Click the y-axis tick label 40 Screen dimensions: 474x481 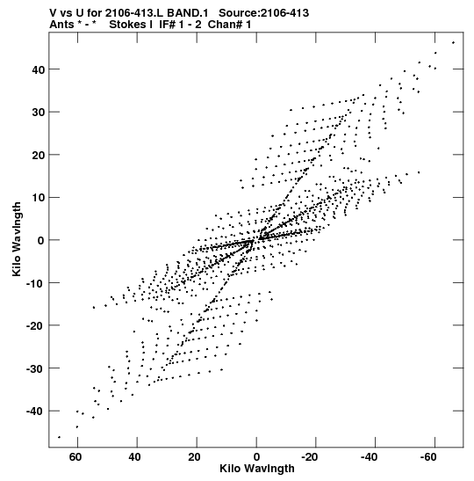coord(39,69)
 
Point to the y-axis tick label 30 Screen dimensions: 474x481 coord(39,113)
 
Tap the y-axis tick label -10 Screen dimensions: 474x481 coord(35,283)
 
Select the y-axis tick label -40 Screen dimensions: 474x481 coord(35,411)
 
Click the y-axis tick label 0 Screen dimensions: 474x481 coord(41,241)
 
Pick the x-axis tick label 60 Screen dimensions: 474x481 coord(75,457)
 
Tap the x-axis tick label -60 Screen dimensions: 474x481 coord(428,457)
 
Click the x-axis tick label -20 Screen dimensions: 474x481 coord(309,457)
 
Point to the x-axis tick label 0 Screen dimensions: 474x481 coord(256,457)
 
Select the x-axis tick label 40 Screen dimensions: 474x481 coord(134,457)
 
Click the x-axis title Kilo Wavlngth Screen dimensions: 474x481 coord(257,469)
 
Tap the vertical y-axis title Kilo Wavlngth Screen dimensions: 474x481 coord(17,239)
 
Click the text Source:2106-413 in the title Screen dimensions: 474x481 coord(263,13)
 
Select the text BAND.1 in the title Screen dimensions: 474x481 coord(187,13)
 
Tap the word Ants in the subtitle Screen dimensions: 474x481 coord(61,25)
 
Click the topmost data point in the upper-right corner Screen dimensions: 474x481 coord(453,42)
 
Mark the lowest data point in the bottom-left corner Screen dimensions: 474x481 coord(59,437)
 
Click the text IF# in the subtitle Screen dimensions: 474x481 coord(167,25)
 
